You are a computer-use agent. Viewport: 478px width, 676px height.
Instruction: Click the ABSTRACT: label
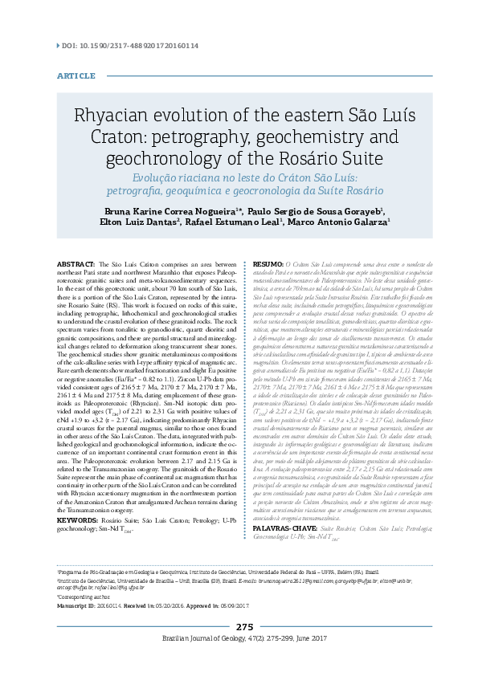[x=78, y=264]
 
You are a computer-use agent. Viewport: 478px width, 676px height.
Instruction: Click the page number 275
[x=244, y=648]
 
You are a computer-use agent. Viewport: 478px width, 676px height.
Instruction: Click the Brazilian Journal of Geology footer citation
[x=244, y=659]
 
